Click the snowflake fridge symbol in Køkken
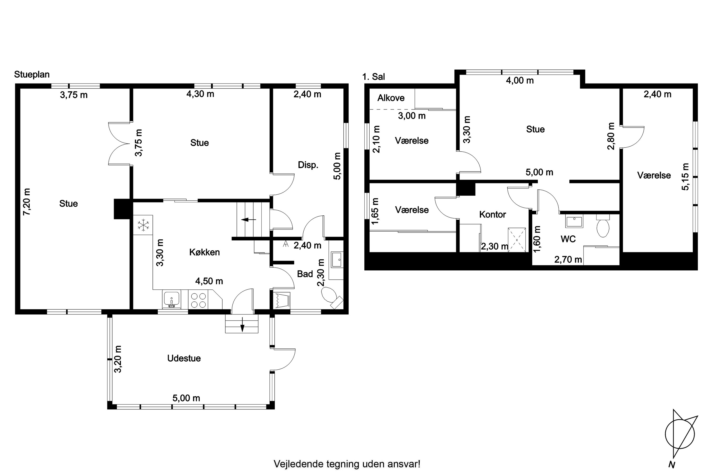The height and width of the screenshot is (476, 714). point(143,225)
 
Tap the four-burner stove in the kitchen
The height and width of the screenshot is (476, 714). point(198,300)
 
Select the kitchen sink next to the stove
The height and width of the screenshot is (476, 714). point(172,299)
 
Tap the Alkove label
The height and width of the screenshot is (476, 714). point(391,98)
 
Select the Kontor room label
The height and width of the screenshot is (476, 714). point(492,215)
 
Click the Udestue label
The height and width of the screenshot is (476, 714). point(184,358)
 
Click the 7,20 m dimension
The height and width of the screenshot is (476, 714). point(27,202)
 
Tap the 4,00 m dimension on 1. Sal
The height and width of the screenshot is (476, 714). point(520,80)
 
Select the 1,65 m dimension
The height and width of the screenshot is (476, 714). point(375,211)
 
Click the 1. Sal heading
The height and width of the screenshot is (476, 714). point(373,77)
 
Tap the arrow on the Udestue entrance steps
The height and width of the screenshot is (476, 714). point(242,324)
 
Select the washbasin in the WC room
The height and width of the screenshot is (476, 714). point(574,221)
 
